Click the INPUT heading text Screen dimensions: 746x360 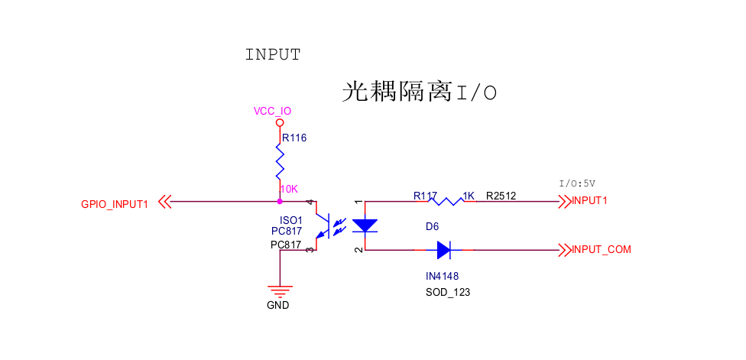coord(273,55)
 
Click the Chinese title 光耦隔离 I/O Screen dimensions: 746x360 coord(420,92)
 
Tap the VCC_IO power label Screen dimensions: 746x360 coord(272,112)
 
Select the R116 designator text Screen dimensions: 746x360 coord(294,138)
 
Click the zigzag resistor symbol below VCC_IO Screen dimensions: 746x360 coord(280,162)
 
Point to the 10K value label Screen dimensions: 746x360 coord(289,189)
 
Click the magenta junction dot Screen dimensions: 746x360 coord(280,201)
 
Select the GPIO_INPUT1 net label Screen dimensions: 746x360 coord(115,205)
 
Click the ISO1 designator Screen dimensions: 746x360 coord(290,221)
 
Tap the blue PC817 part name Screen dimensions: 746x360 coord(286,232)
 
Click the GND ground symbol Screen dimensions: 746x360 coord(280,290)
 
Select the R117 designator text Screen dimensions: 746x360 coord(425,196)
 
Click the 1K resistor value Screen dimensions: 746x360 coord(469,196)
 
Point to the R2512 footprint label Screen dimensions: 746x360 coord(501,196)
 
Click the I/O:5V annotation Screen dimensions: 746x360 coord(577,183)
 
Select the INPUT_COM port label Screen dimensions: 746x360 coord(602,250)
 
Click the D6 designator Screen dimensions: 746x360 coord(432,227)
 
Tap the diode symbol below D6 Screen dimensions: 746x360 coord(444,250)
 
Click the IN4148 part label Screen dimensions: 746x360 coord(442,276)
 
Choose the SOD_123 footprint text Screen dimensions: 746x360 coord(448,292)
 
